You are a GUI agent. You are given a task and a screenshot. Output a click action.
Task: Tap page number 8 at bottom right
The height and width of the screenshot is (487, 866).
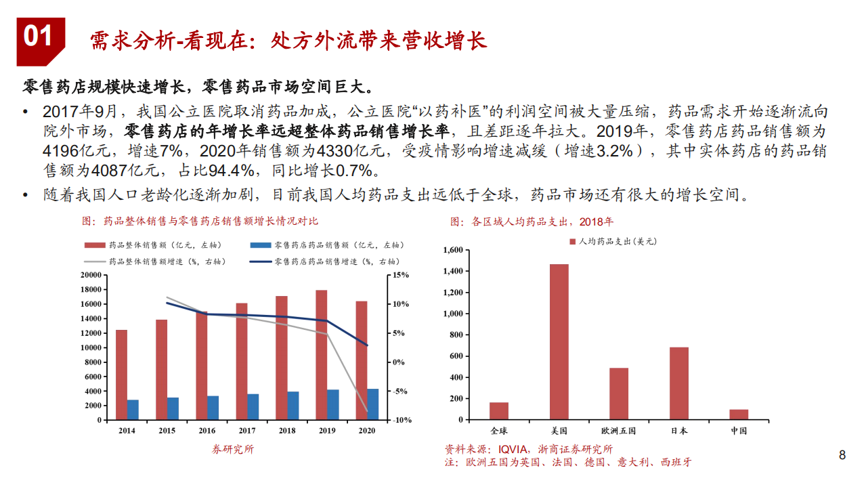pyautogui.click(x=842, y=455)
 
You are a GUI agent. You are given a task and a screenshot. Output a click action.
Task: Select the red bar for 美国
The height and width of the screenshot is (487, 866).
pyautogui.click(x=559, y=341)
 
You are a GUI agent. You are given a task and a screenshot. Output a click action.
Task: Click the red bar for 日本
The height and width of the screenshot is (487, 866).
pyautogui.click(x=678, y=383)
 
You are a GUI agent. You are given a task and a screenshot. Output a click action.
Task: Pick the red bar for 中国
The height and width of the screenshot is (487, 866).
pyautogui.click(x=739, y=415)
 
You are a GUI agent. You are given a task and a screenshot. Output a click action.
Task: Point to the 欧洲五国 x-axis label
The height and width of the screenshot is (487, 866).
pyautogui.click(x=619, y=431)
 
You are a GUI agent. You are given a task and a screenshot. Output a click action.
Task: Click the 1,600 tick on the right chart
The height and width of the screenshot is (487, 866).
pyautogui.click(x=452, y=251)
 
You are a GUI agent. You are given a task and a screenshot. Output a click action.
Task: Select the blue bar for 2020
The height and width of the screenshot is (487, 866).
pyautogui.click(x=372, y=404)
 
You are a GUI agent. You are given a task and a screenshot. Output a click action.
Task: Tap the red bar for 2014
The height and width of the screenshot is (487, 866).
pyautogui.click(x=121, y=375)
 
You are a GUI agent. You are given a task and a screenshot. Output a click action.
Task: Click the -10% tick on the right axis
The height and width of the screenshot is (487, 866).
pyautogui.click(x=402, y=421)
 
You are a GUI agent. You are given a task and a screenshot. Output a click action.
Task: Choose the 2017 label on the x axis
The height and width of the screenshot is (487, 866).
pyautogui.click(x=247, y=431)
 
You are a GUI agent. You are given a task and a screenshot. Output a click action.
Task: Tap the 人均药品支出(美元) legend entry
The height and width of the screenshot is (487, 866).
pyautogui.click(x=613, y=241)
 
